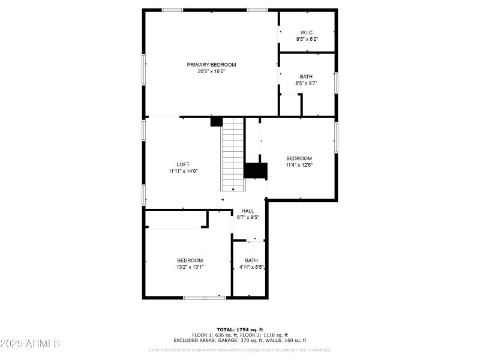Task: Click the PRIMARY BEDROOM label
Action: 211,65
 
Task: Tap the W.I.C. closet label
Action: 307,32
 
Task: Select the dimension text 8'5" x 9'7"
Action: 306,83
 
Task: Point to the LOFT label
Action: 183,164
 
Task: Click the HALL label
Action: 248,211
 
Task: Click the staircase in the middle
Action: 233,153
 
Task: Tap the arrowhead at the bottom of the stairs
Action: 233,188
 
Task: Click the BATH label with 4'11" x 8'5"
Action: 251,260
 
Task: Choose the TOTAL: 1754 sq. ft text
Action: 240,329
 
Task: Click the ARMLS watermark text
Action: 30,344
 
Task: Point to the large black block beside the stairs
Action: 256,170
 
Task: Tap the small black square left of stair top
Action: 217,122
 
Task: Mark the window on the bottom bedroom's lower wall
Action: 204,297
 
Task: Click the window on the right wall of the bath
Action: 336,83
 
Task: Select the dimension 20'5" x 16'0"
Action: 211,71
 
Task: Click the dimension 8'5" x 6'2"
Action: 307,39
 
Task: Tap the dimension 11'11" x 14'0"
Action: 183,171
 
